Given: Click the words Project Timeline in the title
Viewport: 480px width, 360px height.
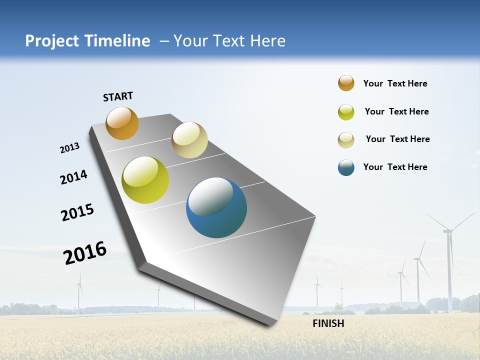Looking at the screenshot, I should [87, 41].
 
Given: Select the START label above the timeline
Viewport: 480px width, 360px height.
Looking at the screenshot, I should [118, 96].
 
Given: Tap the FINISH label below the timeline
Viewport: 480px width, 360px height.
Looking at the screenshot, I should [328, 323].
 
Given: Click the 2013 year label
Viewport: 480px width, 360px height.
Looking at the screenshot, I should [69, 148].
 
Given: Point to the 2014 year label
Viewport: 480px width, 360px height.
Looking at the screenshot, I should [73, 177].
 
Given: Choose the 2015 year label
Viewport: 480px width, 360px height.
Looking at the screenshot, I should [77, 212].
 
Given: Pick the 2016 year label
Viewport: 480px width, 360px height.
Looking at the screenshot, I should [85, 252].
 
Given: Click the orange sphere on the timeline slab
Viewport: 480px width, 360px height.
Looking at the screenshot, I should [122, 123].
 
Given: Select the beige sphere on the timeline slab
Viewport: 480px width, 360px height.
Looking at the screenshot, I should [189, 140].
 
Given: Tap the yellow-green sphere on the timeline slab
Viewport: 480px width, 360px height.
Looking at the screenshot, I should [145, 180].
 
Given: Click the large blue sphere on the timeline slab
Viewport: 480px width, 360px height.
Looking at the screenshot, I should [216, 207].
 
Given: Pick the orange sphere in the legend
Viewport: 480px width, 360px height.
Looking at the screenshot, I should [346, 83].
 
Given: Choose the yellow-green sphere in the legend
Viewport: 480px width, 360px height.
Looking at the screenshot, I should [346, 112].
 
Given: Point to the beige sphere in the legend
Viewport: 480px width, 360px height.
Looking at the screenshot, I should [346, 140].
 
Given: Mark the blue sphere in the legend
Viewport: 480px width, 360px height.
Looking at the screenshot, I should [346, 167].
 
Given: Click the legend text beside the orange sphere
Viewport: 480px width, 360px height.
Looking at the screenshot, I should [395, 83].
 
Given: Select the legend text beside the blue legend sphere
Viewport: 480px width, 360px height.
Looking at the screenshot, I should [395, 167].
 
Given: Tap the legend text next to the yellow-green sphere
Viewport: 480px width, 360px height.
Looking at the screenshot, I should [396, 111].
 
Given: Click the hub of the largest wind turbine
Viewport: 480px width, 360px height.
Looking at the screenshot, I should [447, 231].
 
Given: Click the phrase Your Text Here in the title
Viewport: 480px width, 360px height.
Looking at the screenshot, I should [229, 41].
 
